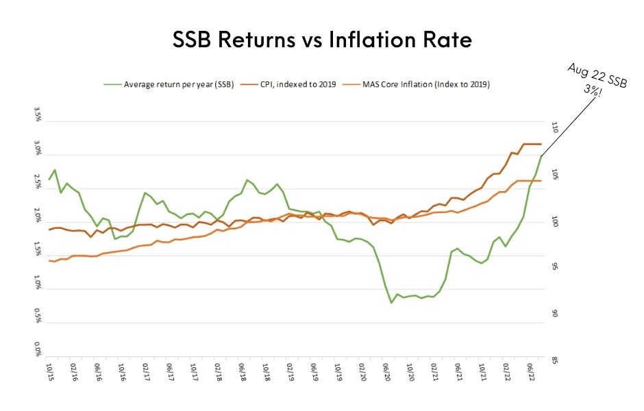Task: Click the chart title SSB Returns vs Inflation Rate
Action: [x=321, y=40]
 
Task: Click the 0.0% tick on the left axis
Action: [x=38, y=353]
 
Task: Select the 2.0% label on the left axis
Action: [x=38, y=221]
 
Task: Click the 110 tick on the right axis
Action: [x=554, y=128]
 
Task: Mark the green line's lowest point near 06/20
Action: [x=391, y=303]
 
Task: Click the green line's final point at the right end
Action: [x=541, y=156]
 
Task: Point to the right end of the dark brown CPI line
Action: [x=541, y=144]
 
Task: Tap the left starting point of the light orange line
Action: [x=49, y=261]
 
